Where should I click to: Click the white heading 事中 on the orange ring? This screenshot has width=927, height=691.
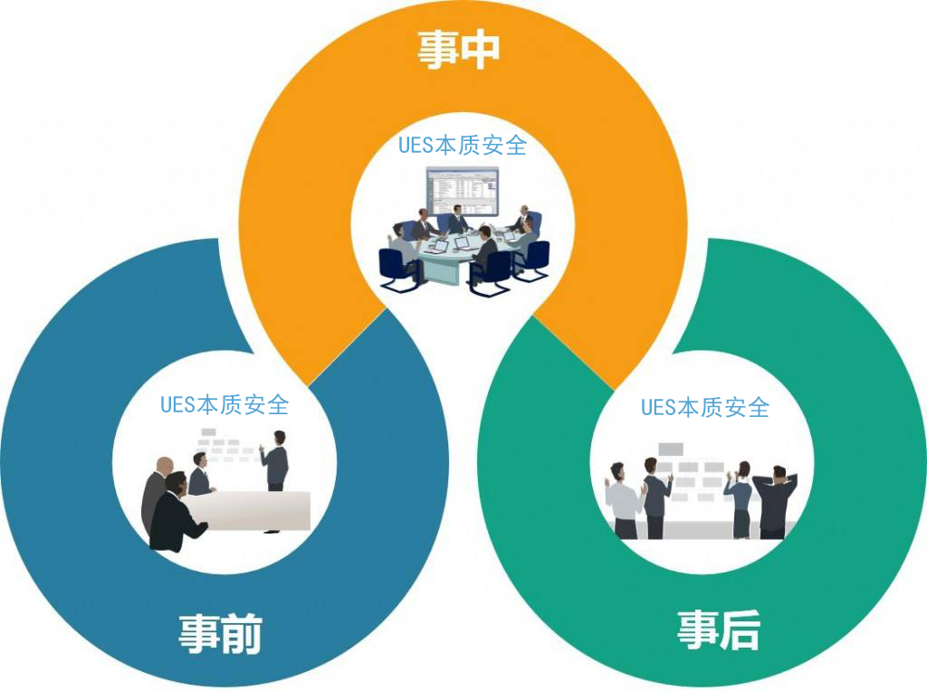point(458,50)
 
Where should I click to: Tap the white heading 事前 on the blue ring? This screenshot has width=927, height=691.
point(220,634)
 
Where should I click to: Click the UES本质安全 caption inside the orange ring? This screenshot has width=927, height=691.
point(463,145)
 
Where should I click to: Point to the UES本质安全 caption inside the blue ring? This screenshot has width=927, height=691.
point(225,404)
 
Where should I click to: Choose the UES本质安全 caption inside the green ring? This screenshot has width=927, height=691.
point(705,407)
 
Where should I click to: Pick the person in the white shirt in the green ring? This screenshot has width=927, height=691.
point(623,502)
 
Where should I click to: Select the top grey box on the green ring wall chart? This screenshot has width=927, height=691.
point(671,449)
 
